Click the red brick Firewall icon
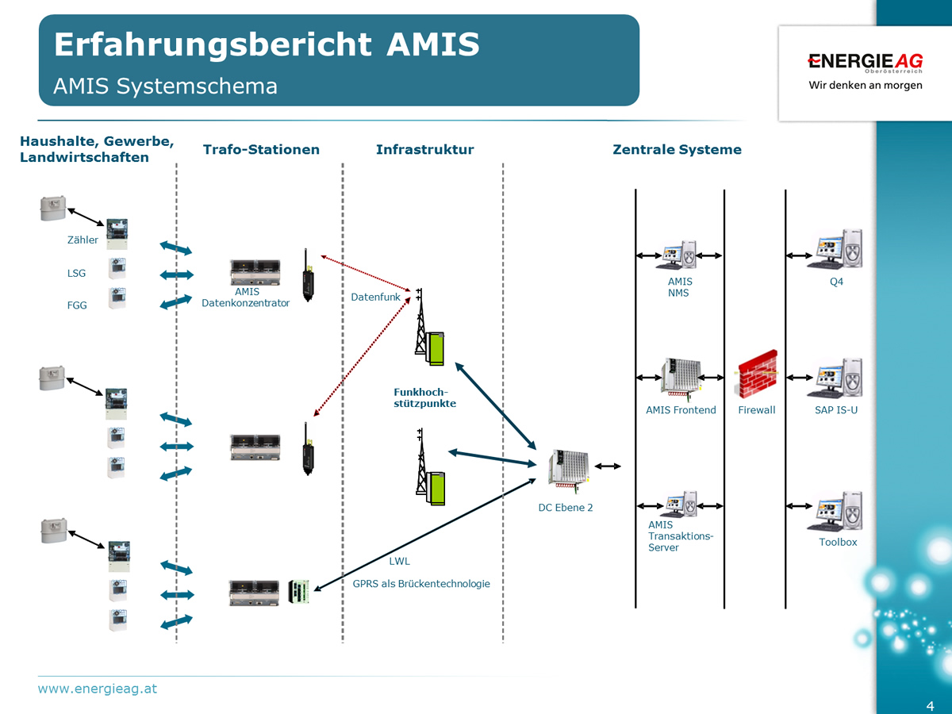click(757, 374)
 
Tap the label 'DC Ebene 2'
click(566, 508)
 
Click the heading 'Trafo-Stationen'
click(261, 149)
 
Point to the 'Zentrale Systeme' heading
click(677, 149)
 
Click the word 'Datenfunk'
click(375, 297)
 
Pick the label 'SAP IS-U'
click(836, 410)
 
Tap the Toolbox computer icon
click(835, 511)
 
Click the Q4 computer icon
click(835, 249)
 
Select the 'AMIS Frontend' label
click(681, 410)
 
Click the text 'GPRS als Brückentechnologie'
click(421, 584)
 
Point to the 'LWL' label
click(399, 562)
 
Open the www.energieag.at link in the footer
click(98, 689)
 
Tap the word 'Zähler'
click(83, 240)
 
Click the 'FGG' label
click(77, 305)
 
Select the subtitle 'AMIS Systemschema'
click(165, 86)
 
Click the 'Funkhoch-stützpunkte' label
click(424, 397)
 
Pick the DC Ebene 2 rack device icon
click(567, 468)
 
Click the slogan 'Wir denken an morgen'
click(865, 85)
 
